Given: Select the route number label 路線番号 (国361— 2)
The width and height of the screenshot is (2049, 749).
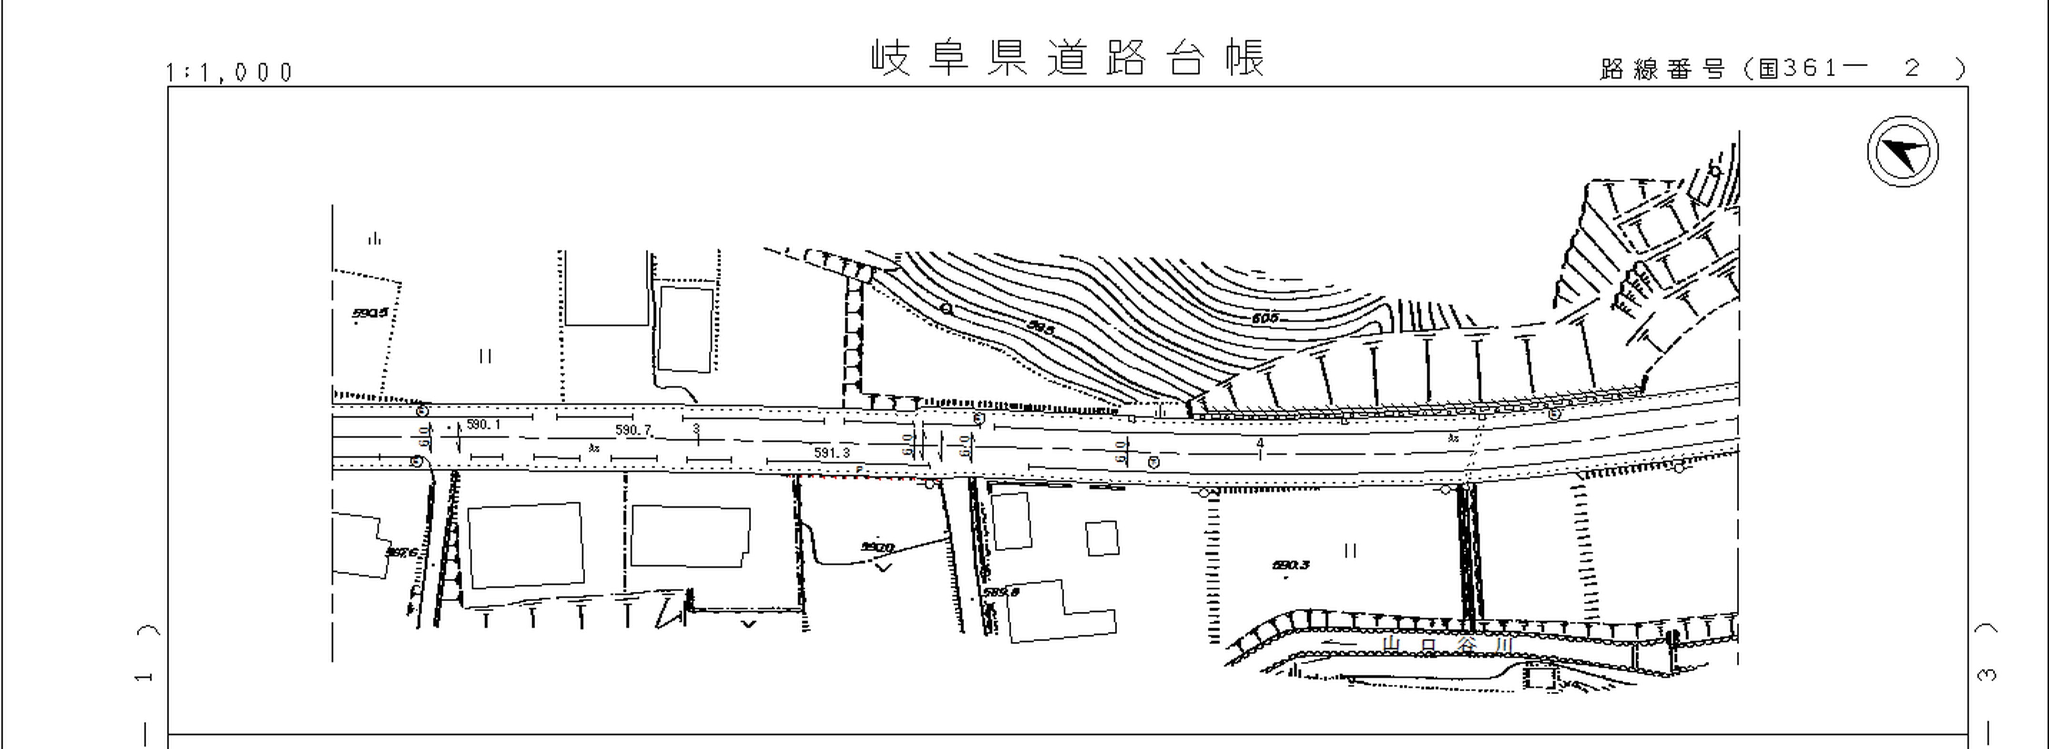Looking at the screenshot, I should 1782,69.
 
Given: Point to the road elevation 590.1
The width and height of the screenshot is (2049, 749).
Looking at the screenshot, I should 483,425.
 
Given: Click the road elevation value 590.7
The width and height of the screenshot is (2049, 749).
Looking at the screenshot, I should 632,430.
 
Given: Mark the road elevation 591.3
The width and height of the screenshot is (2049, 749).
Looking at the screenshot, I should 831,453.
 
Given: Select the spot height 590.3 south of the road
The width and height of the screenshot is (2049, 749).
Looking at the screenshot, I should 1290,566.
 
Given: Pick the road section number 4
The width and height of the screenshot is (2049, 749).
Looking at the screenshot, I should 1259,443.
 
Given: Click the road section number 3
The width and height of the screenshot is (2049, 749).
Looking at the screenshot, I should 696,428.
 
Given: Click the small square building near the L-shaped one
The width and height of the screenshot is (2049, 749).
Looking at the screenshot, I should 1101,538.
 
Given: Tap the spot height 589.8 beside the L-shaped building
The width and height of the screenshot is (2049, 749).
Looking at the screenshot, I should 1000,592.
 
